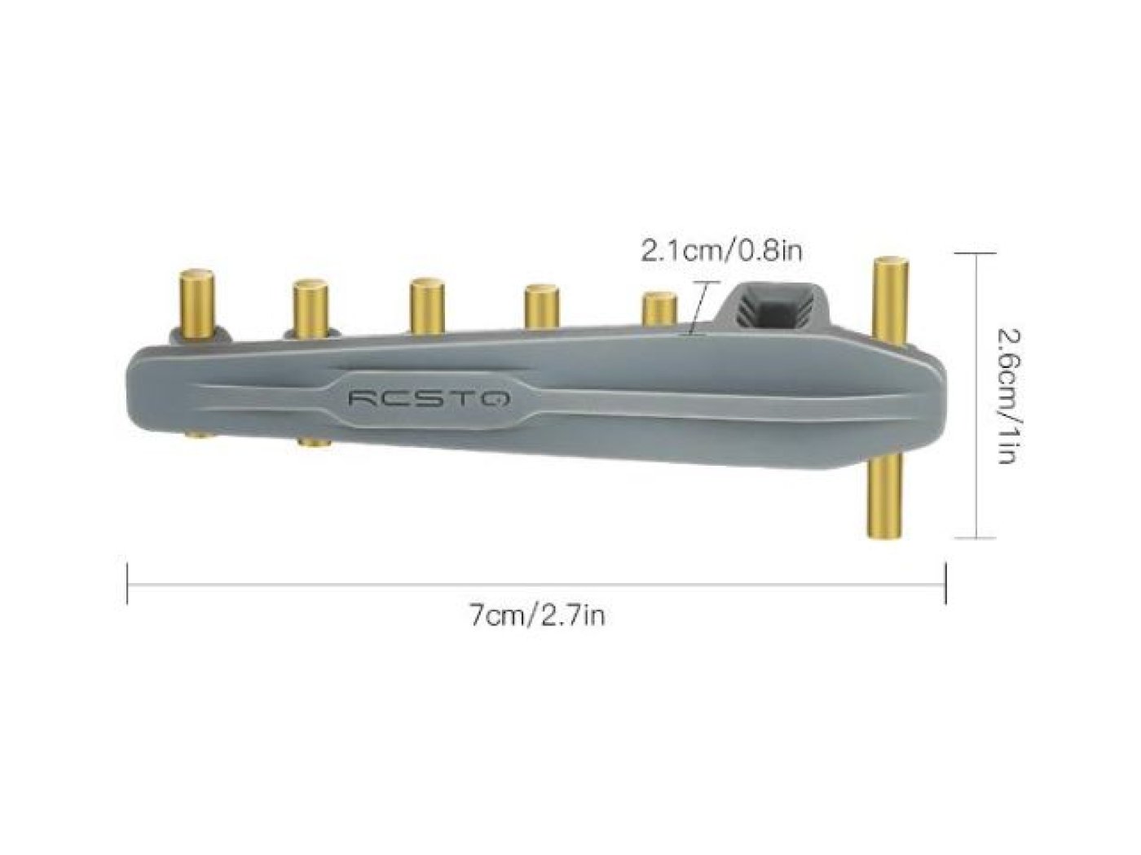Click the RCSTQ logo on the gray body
tap(429, 398)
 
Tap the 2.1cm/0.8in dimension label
tap(720, 252)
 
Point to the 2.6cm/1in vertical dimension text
tap(1007, 396)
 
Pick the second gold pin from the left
tap(310, 309)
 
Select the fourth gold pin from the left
tap(541, 307)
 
